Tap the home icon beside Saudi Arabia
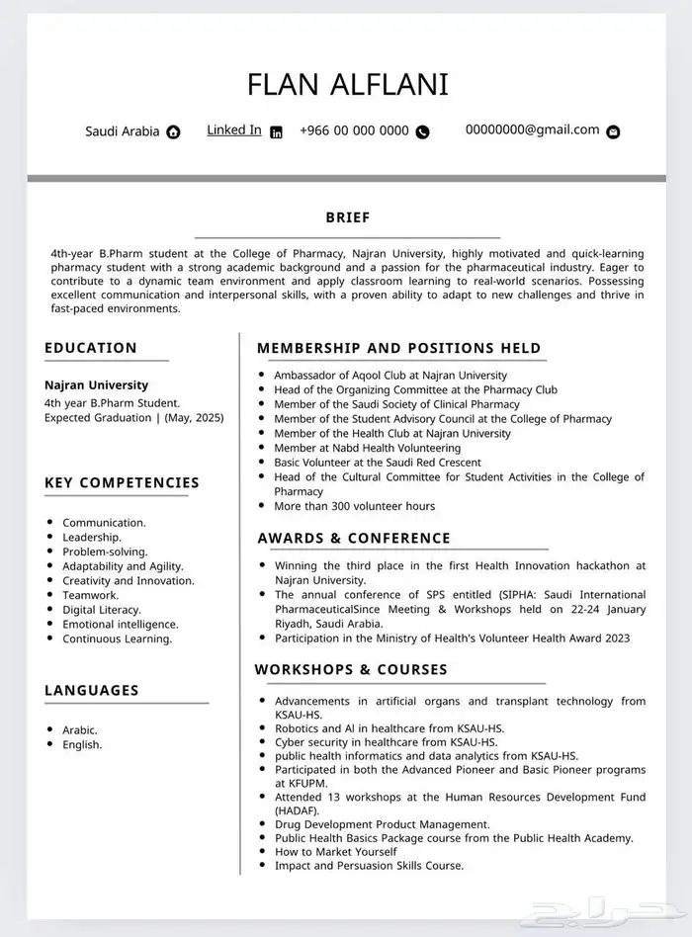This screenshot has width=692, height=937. coord(174,131)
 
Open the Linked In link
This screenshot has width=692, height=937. coord(234,129)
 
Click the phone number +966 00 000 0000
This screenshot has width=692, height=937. coord(354,130)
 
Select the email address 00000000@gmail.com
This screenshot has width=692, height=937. coord(532,129)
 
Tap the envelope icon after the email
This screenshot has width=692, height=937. coord(613,131)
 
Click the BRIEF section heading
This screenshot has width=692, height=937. coord(347,217)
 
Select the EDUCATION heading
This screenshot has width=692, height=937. coord(91,348)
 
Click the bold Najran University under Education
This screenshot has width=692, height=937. coord(96,385)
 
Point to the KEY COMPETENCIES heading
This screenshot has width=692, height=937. coord(122,483)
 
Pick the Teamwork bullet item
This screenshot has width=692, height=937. coord(90,595)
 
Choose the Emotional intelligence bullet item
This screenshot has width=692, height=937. coord(120,625)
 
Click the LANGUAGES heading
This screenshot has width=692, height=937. coord(92,690)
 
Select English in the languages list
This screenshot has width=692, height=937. coord(82,744)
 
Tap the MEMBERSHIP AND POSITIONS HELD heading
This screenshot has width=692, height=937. coord(399,348)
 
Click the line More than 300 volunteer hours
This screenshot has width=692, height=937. coord(354,506)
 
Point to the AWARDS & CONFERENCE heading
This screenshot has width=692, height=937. coord(354,539)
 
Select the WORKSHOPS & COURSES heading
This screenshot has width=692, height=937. coord(351,669)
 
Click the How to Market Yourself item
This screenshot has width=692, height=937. coord(335,851)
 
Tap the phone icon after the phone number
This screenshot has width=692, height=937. coord(423,131)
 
